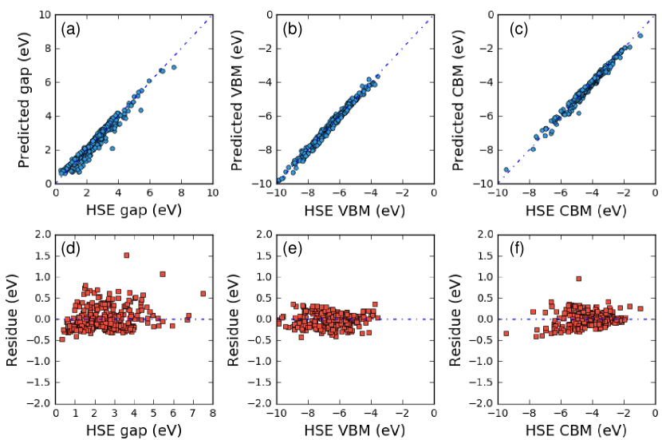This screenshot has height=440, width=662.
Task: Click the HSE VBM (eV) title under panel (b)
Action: click(x=354, y=210)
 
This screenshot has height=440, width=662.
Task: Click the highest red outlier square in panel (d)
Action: click(x=126, y=256)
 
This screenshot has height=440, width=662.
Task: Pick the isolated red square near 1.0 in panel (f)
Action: click(x=578, y=279)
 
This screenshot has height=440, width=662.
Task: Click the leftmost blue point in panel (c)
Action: click(x=506, y=170)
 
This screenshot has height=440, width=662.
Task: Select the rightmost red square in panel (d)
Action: click(x=203, y=294)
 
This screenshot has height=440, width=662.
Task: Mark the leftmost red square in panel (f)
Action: click(x=506, y=333)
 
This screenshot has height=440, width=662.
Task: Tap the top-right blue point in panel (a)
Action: click(x=173, y=67)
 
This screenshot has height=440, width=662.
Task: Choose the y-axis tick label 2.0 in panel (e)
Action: click(x=257, y=235)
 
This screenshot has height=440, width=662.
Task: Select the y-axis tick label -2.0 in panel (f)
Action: click(x=475, y=403)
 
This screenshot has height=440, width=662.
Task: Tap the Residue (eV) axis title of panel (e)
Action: click(x=235, y=319)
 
